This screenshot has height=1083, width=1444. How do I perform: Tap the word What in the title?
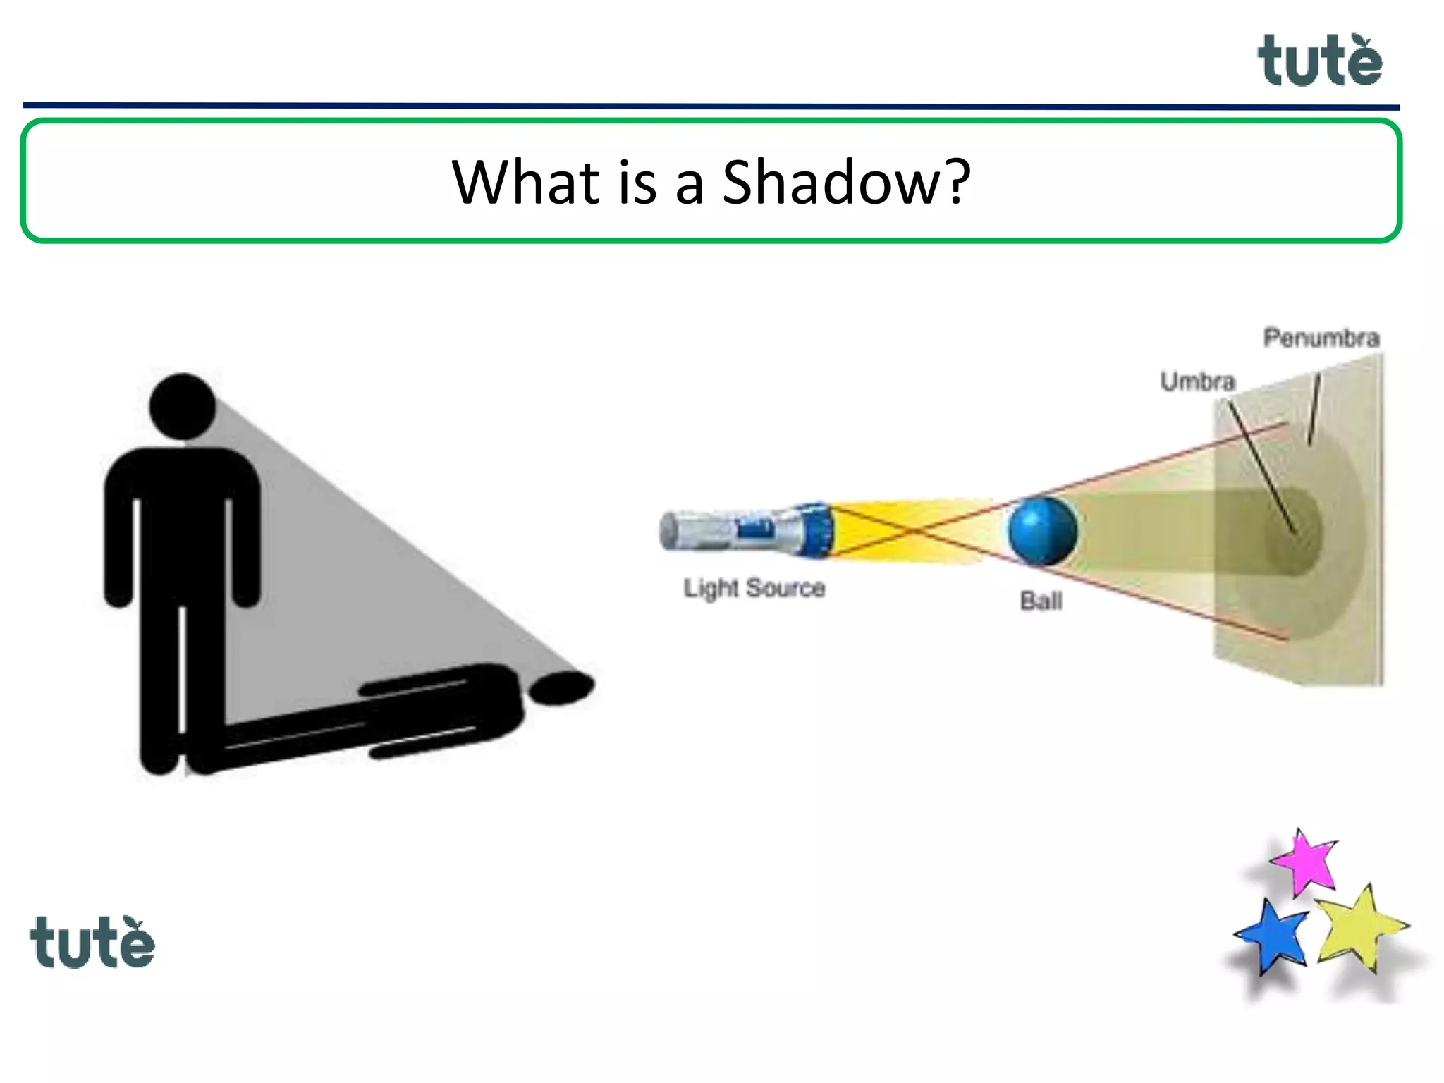tap(525, 182)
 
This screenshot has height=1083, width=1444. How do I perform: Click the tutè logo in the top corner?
tap(1320, 61)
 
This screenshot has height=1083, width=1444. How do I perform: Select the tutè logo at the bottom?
tap(92, 942)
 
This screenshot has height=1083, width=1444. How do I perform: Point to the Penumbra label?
tap(1321, 338)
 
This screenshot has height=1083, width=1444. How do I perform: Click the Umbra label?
tap(1197, 381)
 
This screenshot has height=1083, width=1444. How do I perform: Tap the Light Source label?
tap(754, 588)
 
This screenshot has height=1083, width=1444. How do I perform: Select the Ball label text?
tap(1041, 601)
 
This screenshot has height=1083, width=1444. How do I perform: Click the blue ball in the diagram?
tap(1042, 531)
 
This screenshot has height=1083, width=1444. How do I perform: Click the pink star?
tap(1305, 862)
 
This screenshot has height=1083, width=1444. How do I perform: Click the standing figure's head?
tap(183, 406)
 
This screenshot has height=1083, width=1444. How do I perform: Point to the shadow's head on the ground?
tap(562, 687)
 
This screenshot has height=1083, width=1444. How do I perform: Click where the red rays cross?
tap(912, 530)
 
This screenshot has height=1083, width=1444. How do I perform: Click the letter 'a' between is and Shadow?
tap(690, 186)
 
